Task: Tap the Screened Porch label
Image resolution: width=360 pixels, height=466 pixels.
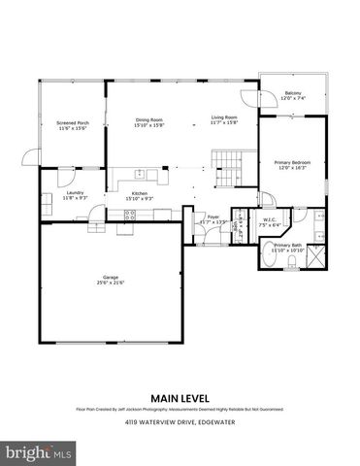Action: [x=73, y=123]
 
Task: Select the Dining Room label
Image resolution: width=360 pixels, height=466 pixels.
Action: [x=148, y=119]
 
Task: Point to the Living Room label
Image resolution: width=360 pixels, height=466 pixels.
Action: [x=224, y=119]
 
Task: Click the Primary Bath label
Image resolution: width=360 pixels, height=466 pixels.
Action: [x=289, y=246]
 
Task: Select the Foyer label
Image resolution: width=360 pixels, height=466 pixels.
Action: [x=213, y=217]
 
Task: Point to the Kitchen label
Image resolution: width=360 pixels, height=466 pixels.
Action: [x=139, y=194]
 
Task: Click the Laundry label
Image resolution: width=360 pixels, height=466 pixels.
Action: [x=75, y=194]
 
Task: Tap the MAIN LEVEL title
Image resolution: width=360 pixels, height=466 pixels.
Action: [x=180, y=396]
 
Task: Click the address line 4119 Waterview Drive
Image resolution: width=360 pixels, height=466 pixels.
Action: [x=180, y=423]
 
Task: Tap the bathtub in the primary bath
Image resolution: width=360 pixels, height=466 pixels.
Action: [x=272, y=258]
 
